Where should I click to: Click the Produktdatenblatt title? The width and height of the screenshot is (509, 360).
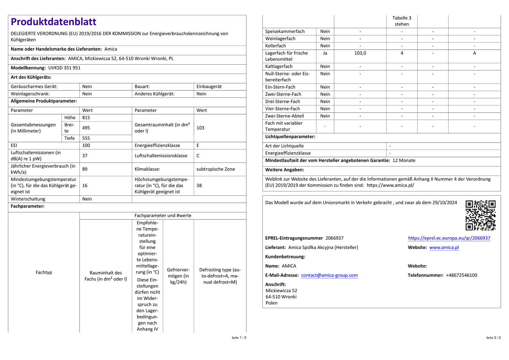coord(53,22)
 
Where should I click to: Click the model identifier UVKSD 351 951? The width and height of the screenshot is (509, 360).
coord(64,68)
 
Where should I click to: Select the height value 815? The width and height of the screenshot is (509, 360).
coord(86,117)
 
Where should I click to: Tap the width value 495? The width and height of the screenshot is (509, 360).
coord(86,128)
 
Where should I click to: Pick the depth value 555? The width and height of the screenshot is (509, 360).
coord(86,138)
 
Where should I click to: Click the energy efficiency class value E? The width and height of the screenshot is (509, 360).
coord(198,145)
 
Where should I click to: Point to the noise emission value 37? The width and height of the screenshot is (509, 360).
coord(85,156)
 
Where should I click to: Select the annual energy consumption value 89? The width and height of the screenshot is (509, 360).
coord(85,169)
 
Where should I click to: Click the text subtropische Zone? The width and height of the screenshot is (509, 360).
coord(215,169)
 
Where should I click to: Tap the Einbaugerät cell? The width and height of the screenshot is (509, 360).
coord(209,87)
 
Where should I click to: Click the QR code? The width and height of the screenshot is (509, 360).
coord(480,215)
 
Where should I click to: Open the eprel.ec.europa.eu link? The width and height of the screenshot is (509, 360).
coord(449,238)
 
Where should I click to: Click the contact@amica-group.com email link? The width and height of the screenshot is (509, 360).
coord(329,275)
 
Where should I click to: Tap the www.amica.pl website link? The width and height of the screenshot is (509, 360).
coord(444,247)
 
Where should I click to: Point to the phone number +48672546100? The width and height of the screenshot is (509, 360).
coord(461,275)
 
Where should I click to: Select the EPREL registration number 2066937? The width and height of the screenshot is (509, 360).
coord(334,238)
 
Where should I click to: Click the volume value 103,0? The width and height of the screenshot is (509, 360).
coord(360,53)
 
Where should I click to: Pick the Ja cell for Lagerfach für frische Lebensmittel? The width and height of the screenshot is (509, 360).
coord(325,53)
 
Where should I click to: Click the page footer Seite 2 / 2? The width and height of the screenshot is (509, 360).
coord(493,338)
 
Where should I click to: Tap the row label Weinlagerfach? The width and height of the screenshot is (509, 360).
coord(280,39)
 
